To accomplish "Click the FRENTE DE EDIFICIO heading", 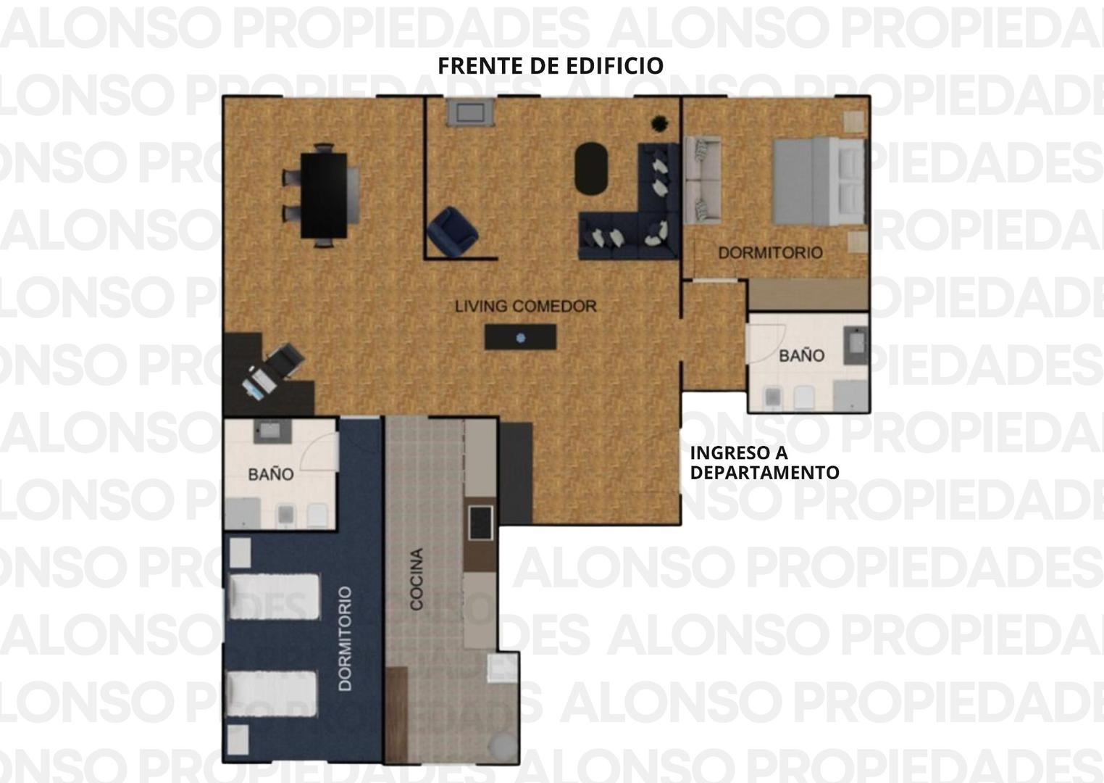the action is click(x=551, y=66).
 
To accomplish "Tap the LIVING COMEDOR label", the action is click(x=525, y=307).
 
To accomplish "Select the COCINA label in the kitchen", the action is click(x=417, y=579).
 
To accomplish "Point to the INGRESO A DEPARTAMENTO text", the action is click(x=764, y=463).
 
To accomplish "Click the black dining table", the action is click(x=324, y=195).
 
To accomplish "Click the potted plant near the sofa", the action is click(x=659, y=123).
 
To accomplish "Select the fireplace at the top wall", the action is click(x=470, y=112).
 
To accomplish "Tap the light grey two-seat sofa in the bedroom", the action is click(x=702, y=181).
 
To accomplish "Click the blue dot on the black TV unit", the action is click(x=521, y=338).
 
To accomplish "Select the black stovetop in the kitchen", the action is click(x=480, y=523).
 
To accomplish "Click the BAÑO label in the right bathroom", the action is click(x=802, y=356).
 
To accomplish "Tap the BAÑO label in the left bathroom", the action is click(x=271, y=475).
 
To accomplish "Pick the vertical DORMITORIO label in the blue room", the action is click(x=346, y=639).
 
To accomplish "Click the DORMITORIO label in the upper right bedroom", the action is click(x=770, y=253).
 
